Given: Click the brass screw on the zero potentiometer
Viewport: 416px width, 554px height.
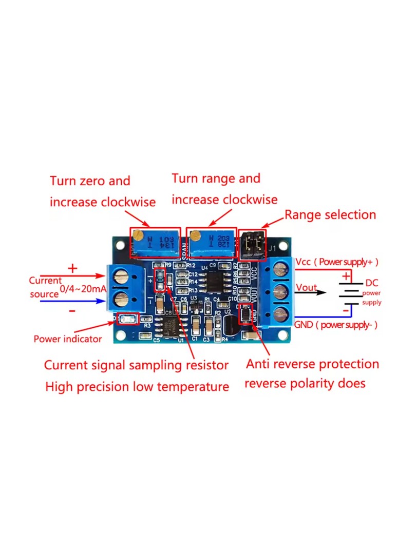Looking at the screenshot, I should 138,235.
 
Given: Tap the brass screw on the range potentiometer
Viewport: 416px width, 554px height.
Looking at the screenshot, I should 195,235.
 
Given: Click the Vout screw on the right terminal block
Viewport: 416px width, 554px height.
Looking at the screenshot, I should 280,292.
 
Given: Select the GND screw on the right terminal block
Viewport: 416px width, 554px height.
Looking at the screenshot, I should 280,314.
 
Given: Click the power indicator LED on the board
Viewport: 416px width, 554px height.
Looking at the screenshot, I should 127,319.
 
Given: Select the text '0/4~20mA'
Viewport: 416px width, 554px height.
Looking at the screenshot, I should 83,289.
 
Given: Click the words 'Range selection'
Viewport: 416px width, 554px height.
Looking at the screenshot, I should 330,214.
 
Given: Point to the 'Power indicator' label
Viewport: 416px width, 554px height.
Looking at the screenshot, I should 67,339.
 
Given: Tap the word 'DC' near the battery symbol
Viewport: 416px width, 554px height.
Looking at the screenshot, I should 371,283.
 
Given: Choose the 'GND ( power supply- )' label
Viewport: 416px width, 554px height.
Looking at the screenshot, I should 336,325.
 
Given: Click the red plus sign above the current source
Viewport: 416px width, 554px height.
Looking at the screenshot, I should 72,268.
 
